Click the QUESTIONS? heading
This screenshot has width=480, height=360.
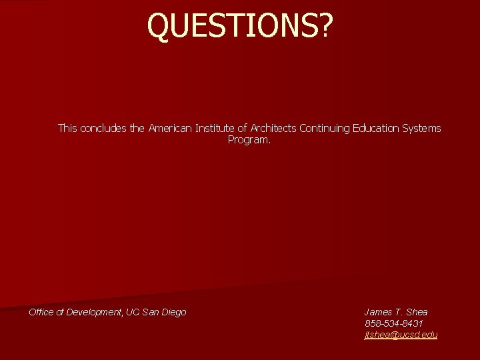pyautogui.click(x=239, y=25)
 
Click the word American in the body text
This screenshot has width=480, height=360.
pyautogui.click(x=170, y=128)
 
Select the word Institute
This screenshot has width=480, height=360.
pyautogui.click(x=215, y=128)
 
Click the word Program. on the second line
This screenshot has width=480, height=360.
pyautogui.click(x=249, y=140)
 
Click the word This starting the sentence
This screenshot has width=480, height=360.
pyautogui.click(x=67, y=128)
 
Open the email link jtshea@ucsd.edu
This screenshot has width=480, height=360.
pyautogui.click(x=401, y=335)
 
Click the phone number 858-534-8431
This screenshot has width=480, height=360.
pyautogui.click(x=393, y=323)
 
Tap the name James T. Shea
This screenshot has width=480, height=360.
pyautogui.click(x=396, y=312)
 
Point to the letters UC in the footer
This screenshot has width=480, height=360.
pyautogui.click(x=133, y=312)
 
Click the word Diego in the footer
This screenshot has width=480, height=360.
pyautogui.click(x=173, y=312)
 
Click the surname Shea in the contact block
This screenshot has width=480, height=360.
pyautogui.click(x=415, y=312)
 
